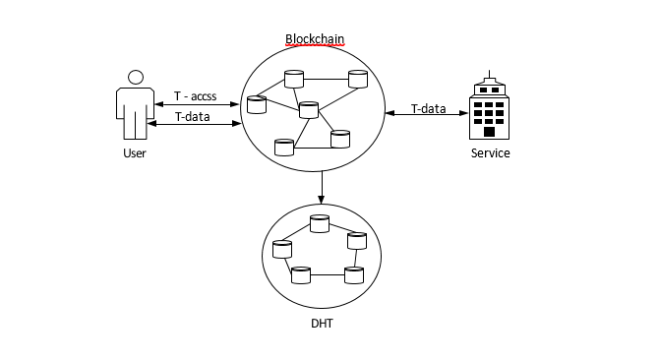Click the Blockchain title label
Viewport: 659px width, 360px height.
(x=315, y=39)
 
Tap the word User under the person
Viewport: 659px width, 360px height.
(x=135, y=152)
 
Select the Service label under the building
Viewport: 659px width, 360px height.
(x=490, y=152)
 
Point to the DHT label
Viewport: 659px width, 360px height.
(x=322, y=324)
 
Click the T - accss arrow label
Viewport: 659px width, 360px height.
(x=196, y=96)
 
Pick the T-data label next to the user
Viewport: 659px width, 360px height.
(x=193, y=116)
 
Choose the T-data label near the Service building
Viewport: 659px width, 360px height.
(x=428, y=109)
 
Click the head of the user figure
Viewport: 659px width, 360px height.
(x=136, y=78)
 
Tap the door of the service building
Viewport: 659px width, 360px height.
(x=489, y=132)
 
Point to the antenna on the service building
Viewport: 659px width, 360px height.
(x=489, y=75)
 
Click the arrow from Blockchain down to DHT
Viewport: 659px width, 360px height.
(x=322, y=187)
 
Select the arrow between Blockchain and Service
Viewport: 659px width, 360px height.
(x=427, y=113)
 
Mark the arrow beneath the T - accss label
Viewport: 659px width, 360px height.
(x=197, y=104)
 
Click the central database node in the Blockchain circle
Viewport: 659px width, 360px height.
(x=309, y=110)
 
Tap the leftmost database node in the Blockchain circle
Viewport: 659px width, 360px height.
(x=257, y=105)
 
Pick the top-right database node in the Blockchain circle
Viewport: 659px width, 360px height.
(x=358, y=79)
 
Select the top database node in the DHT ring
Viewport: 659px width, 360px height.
(x=320, y=223)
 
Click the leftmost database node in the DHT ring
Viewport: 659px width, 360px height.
(x=282, y=249)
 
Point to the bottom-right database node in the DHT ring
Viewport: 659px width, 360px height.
(x=354, y=275)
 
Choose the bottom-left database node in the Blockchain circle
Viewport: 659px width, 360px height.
(x=284, y=148)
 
